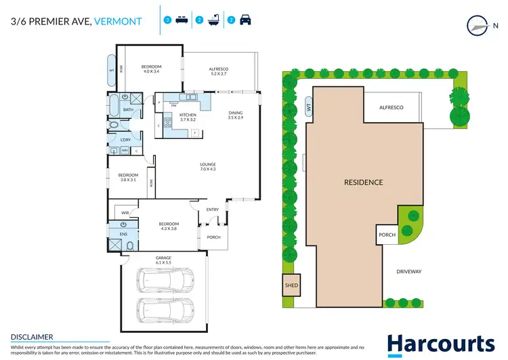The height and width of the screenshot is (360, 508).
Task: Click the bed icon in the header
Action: pyautogui.click(x=181, y=20)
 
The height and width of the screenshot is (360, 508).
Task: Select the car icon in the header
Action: pyautogui.click(x=245, y=20)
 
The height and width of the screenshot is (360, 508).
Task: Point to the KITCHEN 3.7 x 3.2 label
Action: pyautogui.click(x=188, y=117)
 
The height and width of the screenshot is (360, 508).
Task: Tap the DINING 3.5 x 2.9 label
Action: pyautogui.click(x=235, y=115)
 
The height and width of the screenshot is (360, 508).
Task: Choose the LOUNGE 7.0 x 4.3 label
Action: pyautogui.click(x=207, y=165)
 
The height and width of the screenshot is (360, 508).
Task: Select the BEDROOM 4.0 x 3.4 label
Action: pyautogui.click(x=151, y=68)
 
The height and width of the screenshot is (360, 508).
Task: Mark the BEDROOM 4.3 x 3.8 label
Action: pyautogui.click(x=169, y=226)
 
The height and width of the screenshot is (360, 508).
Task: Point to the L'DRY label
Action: pyautogui.click(x=125, y=140)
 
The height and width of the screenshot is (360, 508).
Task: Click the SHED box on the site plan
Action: pyautogui.click(x=291, y=285)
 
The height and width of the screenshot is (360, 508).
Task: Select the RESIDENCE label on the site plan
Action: pyautogui.click(x=363, y=182)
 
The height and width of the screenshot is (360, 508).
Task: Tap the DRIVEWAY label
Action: pyautogui.click(x=409, y=272)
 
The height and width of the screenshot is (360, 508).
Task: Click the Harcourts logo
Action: pyautogui.click(x=440, y=344)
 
